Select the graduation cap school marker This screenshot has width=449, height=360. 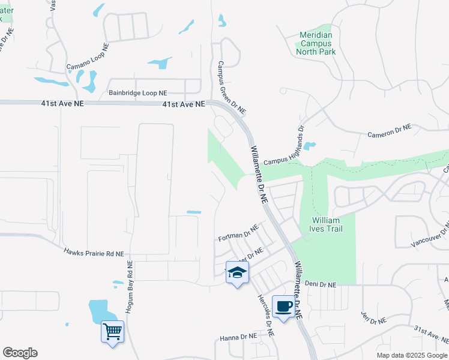coord(237,272)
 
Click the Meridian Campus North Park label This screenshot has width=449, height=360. coord(316,44)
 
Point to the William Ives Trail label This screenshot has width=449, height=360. coord(325,224)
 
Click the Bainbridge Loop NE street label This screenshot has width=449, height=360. coord(138,93)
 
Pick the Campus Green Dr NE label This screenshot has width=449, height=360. coord(232,88)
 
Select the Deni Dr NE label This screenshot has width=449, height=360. coord(321,284)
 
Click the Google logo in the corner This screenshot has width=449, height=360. coord(20,353)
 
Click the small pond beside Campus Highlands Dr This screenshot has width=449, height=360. coord(310,146)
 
